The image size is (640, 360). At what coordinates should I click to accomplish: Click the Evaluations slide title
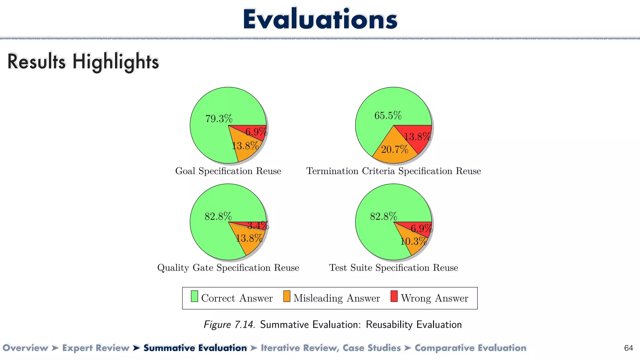tap(320, 19)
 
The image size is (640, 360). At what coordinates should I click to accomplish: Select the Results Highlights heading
tap(83, 62)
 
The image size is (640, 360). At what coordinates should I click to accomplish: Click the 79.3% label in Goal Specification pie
tap(219, 119)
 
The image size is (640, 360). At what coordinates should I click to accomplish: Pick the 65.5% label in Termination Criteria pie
tap(388, 116)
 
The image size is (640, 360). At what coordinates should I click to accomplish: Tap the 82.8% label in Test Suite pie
tap(383, 216)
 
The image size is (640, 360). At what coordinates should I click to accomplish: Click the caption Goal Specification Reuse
tap(228, 171)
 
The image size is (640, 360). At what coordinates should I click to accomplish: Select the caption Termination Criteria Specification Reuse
tap(393, 171)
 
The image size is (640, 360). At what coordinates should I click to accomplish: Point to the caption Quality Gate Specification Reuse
tap(228, 268)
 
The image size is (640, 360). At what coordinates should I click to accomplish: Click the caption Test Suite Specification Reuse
tap(393, 268)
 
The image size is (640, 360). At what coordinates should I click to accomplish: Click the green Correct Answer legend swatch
tap(194, 296)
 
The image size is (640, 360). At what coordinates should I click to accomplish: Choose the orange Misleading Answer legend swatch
tap(287, 296)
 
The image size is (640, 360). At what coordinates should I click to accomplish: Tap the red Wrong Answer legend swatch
tap(394, 296)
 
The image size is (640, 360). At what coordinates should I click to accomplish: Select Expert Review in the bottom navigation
tap(96, 348)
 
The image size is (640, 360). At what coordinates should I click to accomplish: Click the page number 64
tap(628, 348)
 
